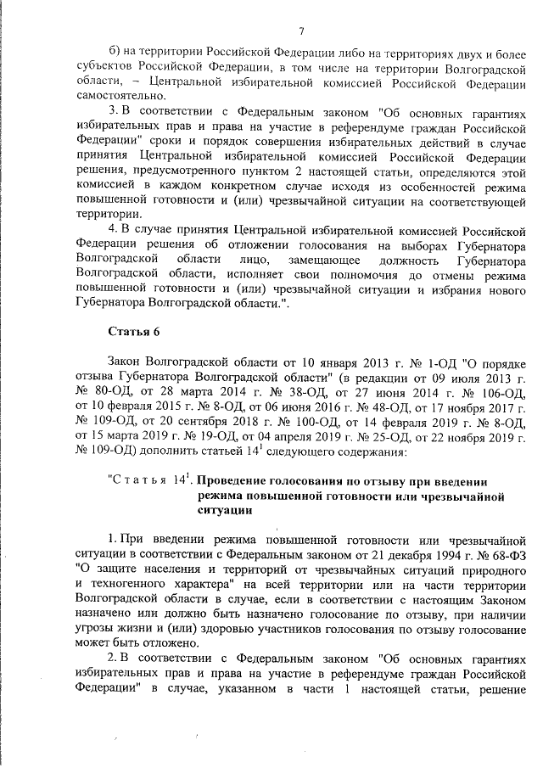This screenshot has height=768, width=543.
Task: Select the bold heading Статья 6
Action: point(134,329)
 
